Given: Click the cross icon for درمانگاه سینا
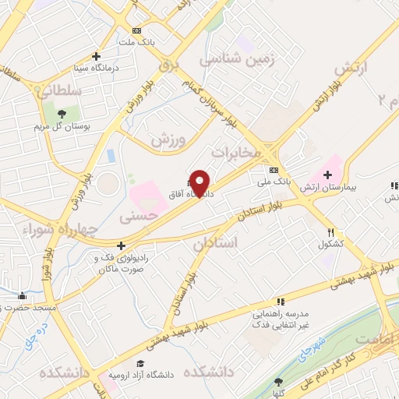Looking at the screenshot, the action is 96,56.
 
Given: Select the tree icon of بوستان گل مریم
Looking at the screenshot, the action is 62,114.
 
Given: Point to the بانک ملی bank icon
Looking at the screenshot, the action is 274,170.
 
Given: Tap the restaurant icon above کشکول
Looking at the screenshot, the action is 331,232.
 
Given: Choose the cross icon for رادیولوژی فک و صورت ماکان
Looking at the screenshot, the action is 121,246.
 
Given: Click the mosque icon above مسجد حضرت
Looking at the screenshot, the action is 22,295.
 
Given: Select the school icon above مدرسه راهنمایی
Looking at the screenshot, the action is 281,302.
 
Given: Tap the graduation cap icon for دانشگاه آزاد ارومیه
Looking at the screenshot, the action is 139,363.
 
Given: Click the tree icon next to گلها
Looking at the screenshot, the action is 279,382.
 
